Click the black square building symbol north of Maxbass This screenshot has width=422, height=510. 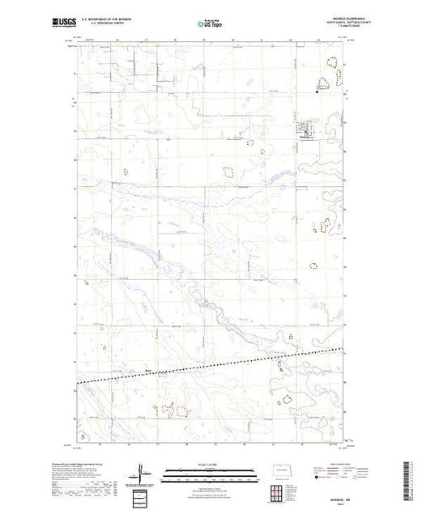(317, 92)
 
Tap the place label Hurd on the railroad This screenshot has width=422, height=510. (147, 372)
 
